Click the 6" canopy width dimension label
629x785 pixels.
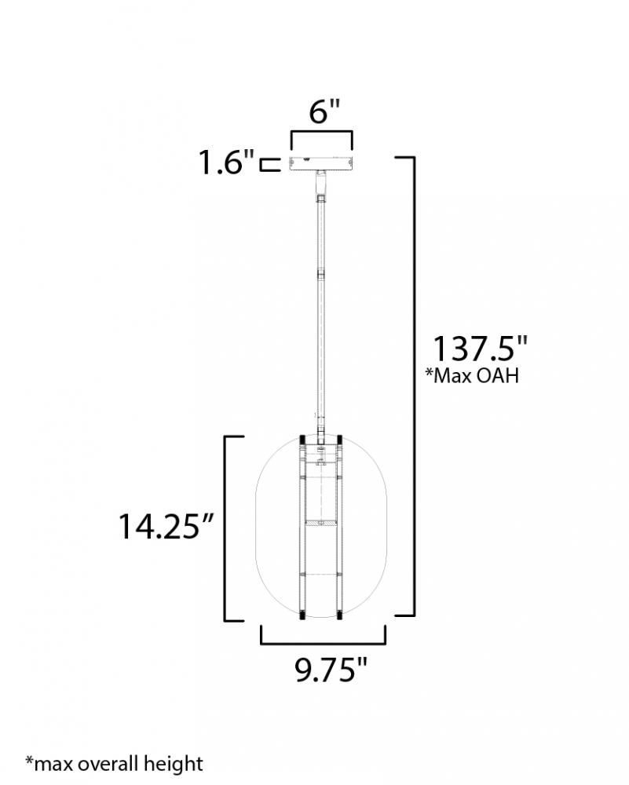click(324, 111)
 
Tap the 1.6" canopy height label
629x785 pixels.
click(227, 162)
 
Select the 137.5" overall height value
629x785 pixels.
click(480, 349)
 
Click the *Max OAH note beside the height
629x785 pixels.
click(472, 375)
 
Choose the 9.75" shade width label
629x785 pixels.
click(331, 670)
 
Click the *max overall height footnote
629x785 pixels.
click(115, 764)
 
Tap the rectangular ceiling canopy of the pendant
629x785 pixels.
click(321, 163)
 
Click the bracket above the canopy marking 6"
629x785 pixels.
click(321, 132)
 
